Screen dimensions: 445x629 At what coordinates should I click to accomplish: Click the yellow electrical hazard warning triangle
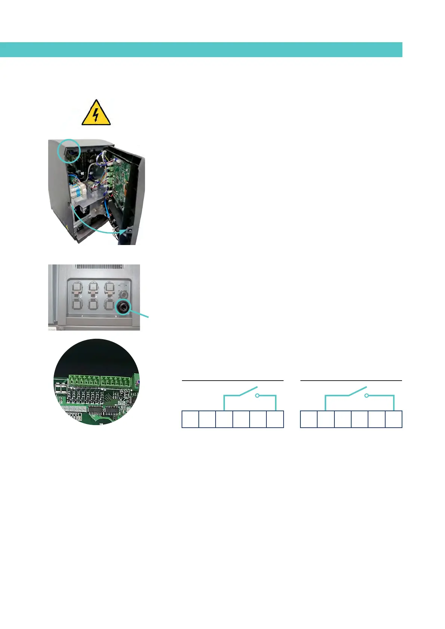click(96, 114)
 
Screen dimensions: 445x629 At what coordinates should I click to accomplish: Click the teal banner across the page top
click(201, 49)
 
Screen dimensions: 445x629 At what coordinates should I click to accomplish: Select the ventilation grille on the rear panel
click(99, 267)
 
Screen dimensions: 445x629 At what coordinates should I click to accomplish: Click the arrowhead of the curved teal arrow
click(128, 231)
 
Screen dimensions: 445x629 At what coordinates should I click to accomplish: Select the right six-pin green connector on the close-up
click(115, 381)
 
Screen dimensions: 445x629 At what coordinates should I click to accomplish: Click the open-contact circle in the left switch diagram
click(257, 395)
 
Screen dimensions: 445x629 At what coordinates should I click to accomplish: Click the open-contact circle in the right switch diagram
click(367, 395)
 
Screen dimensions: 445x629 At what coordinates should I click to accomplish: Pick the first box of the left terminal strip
click(190, 419)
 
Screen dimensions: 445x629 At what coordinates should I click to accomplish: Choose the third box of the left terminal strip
click(224, 419)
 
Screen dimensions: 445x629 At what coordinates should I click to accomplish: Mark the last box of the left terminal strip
click(275, 419)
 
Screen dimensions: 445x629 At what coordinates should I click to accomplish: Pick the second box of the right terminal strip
click(325, 419)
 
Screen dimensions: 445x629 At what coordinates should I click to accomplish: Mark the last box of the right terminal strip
click(393, 419)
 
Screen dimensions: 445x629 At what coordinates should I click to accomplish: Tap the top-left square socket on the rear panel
click(77, 287)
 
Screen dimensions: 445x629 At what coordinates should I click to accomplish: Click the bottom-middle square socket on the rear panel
click(93, 304)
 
